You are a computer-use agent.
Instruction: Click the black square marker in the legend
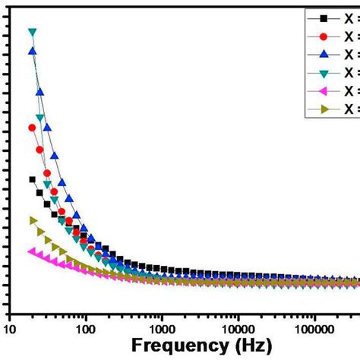click(x=325, y=17)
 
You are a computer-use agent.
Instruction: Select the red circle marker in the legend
click(x=325, y=36)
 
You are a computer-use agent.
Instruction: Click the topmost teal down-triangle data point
click(x=32, y=32)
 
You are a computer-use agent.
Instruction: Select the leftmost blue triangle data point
click(x=32, y=51)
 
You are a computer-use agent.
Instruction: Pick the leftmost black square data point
click(x=32, y=180)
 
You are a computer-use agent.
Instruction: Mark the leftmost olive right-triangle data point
click(x=32, y=220)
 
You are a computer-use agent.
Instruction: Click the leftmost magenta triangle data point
click(x=32, y=251)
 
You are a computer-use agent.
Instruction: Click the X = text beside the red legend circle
click(x=350, y=36)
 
